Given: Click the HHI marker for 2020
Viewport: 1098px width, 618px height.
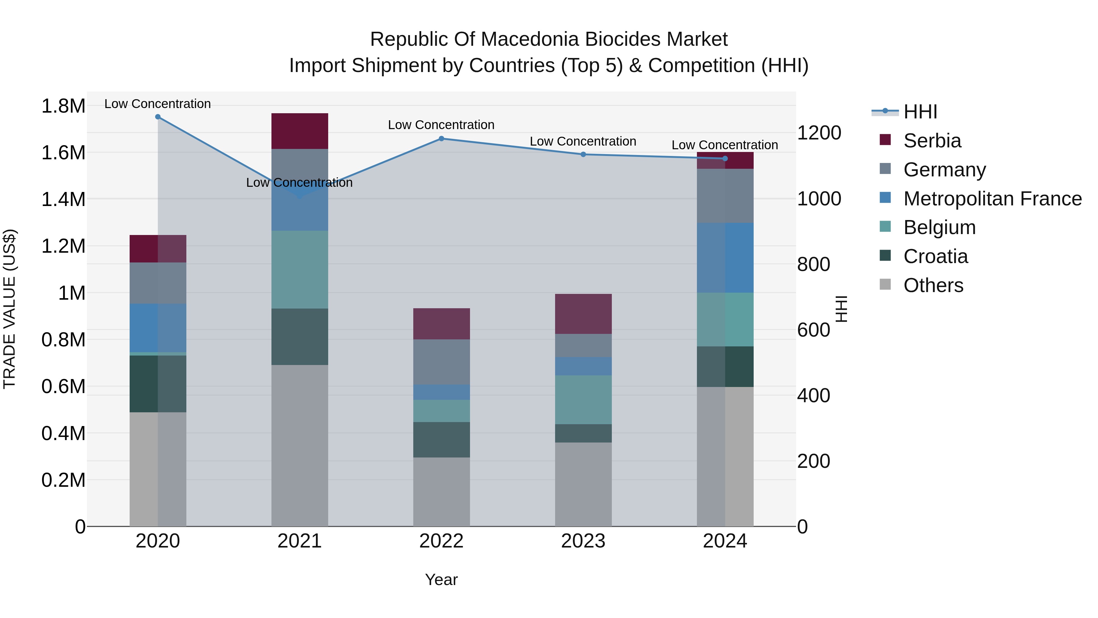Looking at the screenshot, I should [158, 117].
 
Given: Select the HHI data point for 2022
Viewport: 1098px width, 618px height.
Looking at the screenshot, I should [441, 139].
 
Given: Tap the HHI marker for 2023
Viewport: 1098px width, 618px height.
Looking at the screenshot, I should [583, 154].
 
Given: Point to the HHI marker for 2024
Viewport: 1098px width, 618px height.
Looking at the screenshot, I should [725, 159].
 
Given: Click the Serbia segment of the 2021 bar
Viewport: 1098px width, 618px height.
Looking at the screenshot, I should [300, 131].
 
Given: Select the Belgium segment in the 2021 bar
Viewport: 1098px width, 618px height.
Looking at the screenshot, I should [300, 269].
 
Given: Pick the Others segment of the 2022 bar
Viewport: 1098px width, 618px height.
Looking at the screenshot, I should [441, 492].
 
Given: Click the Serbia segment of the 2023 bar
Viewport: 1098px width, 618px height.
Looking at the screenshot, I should [583, 314].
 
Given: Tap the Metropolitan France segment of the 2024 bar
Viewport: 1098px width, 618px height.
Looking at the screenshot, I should [725, 258].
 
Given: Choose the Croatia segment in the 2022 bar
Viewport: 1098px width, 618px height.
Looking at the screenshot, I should [441, 440].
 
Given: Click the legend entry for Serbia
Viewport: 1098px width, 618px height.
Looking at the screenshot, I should [932, 141].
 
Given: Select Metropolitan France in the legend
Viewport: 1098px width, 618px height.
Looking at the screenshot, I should [992, 199].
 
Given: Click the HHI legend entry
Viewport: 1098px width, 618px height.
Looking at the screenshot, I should [920, 112].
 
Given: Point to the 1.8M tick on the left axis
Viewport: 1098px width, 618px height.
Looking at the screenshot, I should [63, 106].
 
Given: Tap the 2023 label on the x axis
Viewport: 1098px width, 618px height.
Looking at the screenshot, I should [583, 541].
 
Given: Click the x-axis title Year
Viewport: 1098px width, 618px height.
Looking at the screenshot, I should [441, 580].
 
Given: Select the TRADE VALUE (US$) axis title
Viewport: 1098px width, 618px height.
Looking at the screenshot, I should [9, 309].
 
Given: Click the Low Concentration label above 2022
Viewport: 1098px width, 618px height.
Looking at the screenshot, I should [441, 125].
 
